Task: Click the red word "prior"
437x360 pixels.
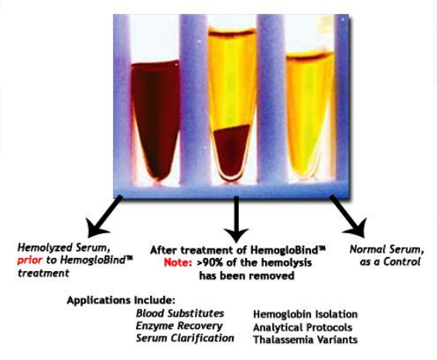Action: click(x=30, y=260)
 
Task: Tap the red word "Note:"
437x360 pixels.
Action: click(x=178, y=262)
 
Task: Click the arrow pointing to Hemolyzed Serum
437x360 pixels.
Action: click(x=103, y=216)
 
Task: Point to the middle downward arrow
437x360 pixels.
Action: click(x=237, y=219)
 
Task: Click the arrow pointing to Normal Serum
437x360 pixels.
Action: click(x=348, y=216)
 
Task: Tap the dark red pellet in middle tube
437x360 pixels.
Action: click(x=232, y=152)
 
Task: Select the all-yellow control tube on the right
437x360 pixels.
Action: click(x=309, y=115)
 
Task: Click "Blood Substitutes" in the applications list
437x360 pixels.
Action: click(x=180, y=314)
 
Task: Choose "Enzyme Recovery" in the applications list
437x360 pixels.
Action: click(x=179, y=326)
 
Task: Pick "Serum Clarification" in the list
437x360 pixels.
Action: click(x=185, y=338)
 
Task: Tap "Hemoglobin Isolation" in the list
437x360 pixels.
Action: click(x=306, y=314)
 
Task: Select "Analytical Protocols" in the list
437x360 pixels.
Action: click(x=302, y=327)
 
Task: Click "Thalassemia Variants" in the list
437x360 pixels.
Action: click(x=306, y=340)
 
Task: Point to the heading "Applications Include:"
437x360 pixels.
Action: click(x=121, y=300)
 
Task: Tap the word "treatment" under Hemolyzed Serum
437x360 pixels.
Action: click(x=43, y=273)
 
